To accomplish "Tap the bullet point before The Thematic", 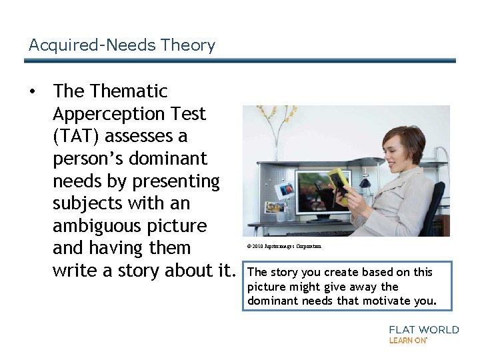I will click(x=32, y=91).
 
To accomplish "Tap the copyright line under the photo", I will click(x=283, y=247).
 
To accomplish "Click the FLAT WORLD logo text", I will click(x=424, y=330).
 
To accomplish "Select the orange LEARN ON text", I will click(x=408, y=341).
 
